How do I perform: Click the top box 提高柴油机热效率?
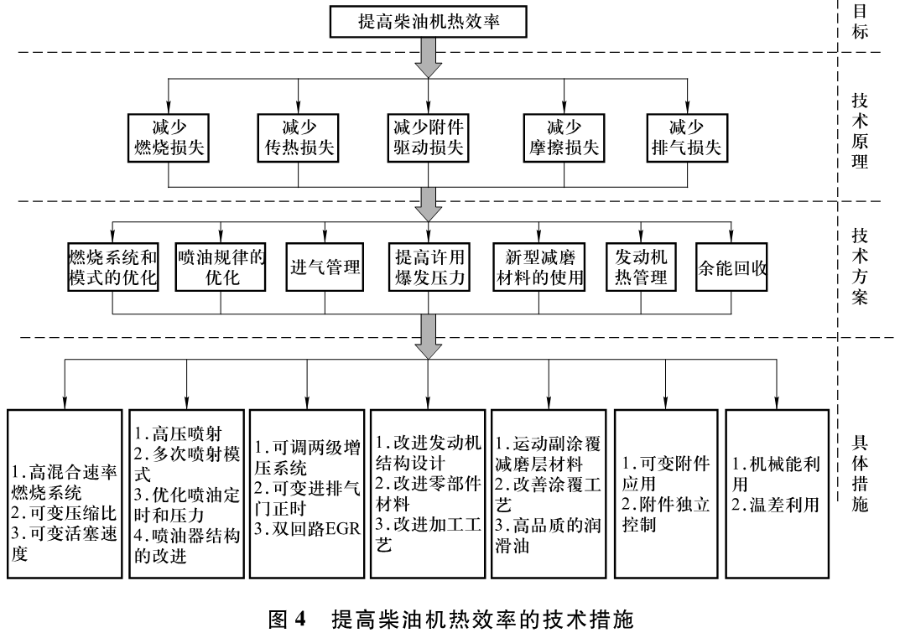(429, 21)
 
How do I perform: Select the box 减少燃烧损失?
(169, 137)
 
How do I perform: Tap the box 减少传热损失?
(299, 137)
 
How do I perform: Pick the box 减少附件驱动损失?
(429, 137)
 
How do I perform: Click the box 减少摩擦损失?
(564, 137)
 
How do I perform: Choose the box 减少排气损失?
(686, 137)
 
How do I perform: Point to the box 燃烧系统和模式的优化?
(113, 267)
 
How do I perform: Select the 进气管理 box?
(325, 267)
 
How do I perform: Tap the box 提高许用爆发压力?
(429, 267)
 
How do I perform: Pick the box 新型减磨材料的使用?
(539, 267)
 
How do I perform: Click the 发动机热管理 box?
(642, 267)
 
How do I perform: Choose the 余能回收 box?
(732, 267)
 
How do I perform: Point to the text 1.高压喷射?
(176, 433)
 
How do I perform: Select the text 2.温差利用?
(775, 506)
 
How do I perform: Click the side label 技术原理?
(860, 130)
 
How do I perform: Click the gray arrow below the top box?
(429, 58)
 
